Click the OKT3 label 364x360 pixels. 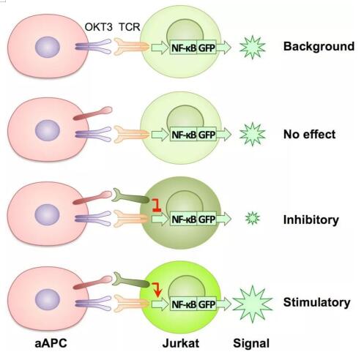point(98,27)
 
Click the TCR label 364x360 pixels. point(130,27)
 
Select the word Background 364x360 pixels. point(319,46)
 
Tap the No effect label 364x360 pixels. point(309,134)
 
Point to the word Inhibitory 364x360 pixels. point(311,220)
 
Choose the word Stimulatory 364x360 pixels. point(316,302)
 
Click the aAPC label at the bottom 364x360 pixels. point(51,343)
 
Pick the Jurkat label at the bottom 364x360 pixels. point(181,343)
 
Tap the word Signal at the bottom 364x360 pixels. point(251,343)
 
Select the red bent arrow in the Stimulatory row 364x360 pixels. point(157,289)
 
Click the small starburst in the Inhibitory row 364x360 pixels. point(253,218)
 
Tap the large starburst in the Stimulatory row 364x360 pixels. point(253,304)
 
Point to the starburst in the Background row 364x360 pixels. point(253,48)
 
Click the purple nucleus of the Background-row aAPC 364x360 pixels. point(48,47)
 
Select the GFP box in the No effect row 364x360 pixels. point(207,135)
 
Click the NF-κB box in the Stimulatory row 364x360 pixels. point(184,304)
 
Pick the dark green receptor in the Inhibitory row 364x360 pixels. point(130,198)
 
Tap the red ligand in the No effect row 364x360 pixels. point(93,113)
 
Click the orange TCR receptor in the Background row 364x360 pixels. point(132,46)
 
